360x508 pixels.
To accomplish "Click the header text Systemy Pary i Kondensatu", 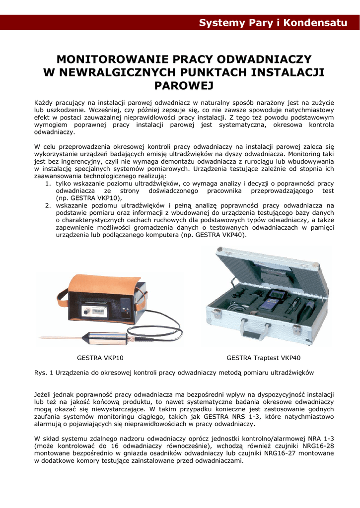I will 273,23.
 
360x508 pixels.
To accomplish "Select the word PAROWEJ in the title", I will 184,86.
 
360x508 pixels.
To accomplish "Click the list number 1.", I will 48,184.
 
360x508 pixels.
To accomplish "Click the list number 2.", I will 48,205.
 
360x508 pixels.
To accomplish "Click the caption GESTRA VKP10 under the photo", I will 100,358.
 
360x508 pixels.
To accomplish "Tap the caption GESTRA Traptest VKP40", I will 263,358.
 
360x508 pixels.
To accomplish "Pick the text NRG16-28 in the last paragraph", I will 318,446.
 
